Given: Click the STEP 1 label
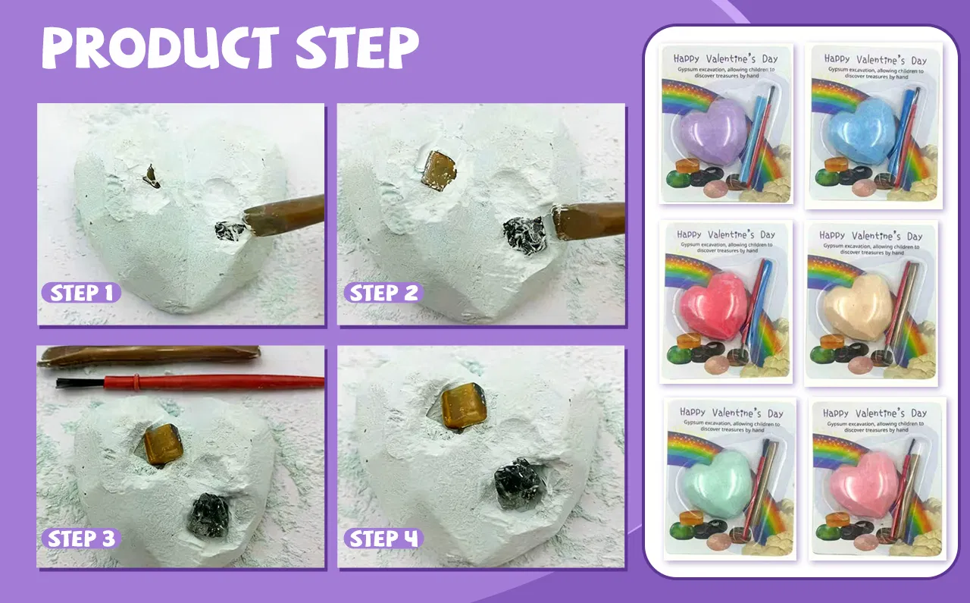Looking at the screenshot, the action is (81, 293).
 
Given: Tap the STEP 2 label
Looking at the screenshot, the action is (383, 293).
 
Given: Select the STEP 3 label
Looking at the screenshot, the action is (81, 539).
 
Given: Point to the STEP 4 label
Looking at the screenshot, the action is (383, 539).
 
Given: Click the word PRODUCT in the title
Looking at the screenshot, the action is (161, 48).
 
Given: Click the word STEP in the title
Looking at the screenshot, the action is (357, 48).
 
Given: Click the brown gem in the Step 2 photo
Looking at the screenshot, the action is (439, 171).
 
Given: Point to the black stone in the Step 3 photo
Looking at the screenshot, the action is (208, 516).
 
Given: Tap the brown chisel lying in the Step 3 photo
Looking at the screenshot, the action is (149, 356).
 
